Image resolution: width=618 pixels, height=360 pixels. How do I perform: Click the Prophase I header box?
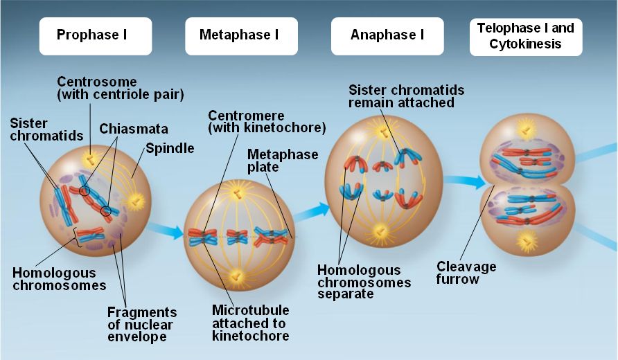95,35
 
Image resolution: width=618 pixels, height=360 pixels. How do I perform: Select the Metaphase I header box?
240,35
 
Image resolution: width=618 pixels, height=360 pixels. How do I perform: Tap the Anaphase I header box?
387,35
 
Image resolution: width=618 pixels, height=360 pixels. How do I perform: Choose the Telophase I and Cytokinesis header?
525,37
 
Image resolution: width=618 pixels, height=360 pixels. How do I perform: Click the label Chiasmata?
134,129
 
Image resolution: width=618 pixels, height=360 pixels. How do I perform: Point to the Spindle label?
170,148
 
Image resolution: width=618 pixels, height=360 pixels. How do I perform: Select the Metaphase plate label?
272,161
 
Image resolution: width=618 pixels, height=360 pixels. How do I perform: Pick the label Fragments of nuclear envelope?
142,325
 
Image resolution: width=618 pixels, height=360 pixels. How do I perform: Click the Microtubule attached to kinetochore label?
250,323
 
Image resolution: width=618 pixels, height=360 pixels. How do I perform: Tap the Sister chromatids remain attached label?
405,96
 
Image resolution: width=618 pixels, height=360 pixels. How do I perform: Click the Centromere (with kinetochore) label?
267,122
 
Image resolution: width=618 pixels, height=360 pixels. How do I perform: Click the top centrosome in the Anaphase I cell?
380,131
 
